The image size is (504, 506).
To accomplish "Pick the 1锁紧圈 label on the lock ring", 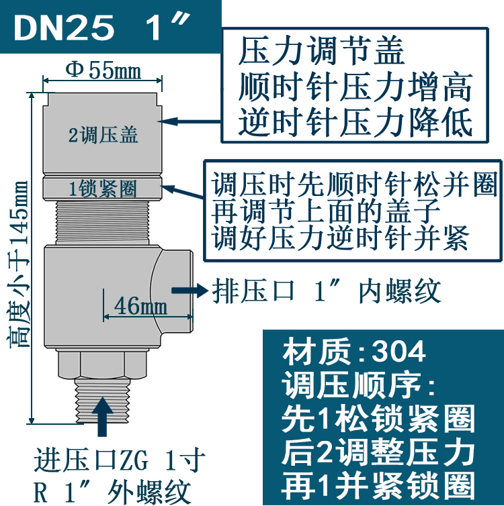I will (x=103, y=189).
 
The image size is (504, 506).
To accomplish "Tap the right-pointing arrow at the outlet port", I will (x=189, y=290).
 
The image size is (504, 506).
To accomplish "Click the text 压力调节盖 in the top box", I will (x=322, y=52).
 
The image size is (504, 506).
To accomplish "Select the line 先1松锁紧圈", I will (x=380, y=419).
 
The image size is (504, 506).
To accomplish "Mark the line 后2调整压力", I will (x=380, y=452).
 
